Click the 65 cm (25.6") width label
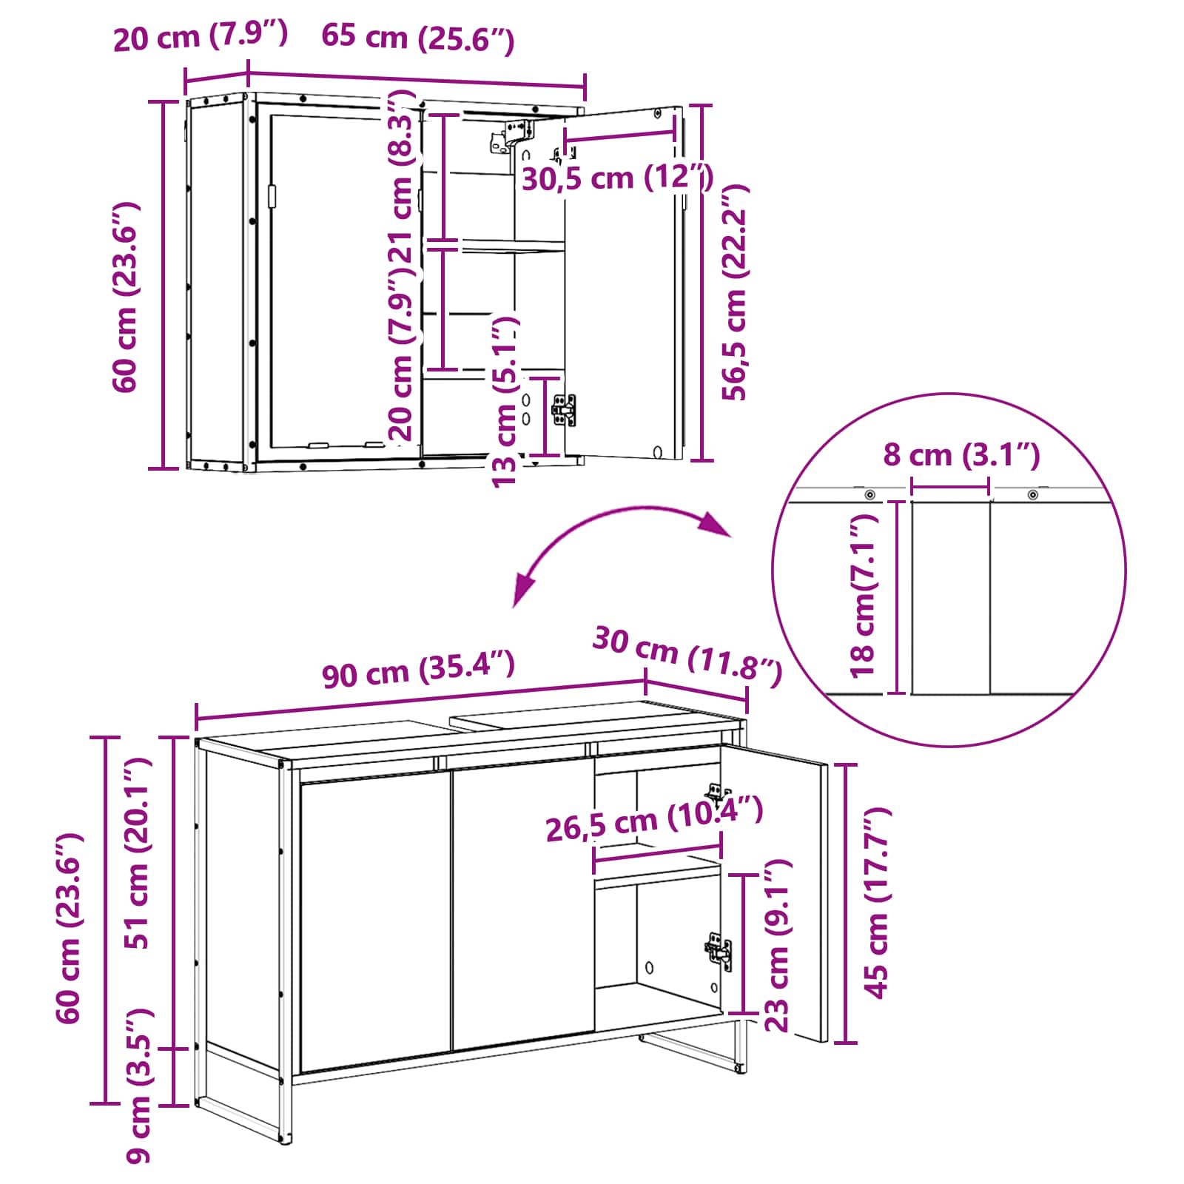[x=417, y=38]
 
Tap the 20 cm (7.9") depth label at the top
[x=201, y=36]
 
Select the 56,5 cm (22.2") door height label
[x=736, y=292]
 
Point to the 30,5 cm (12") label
[x=617, y=178]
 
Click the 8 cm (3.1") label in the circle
[x=961, y=454]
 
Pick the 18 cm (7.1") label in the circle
[x=863, y=596]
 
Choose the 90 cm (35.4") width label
[x=418, y=669]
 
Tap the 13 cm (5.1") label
[x=506, y=402]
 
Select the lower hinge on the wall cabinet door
[x=564, y=409]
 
